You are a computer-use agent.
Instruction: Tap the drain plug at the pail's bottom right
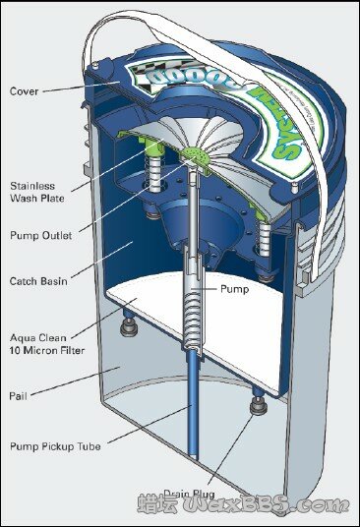258,404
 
